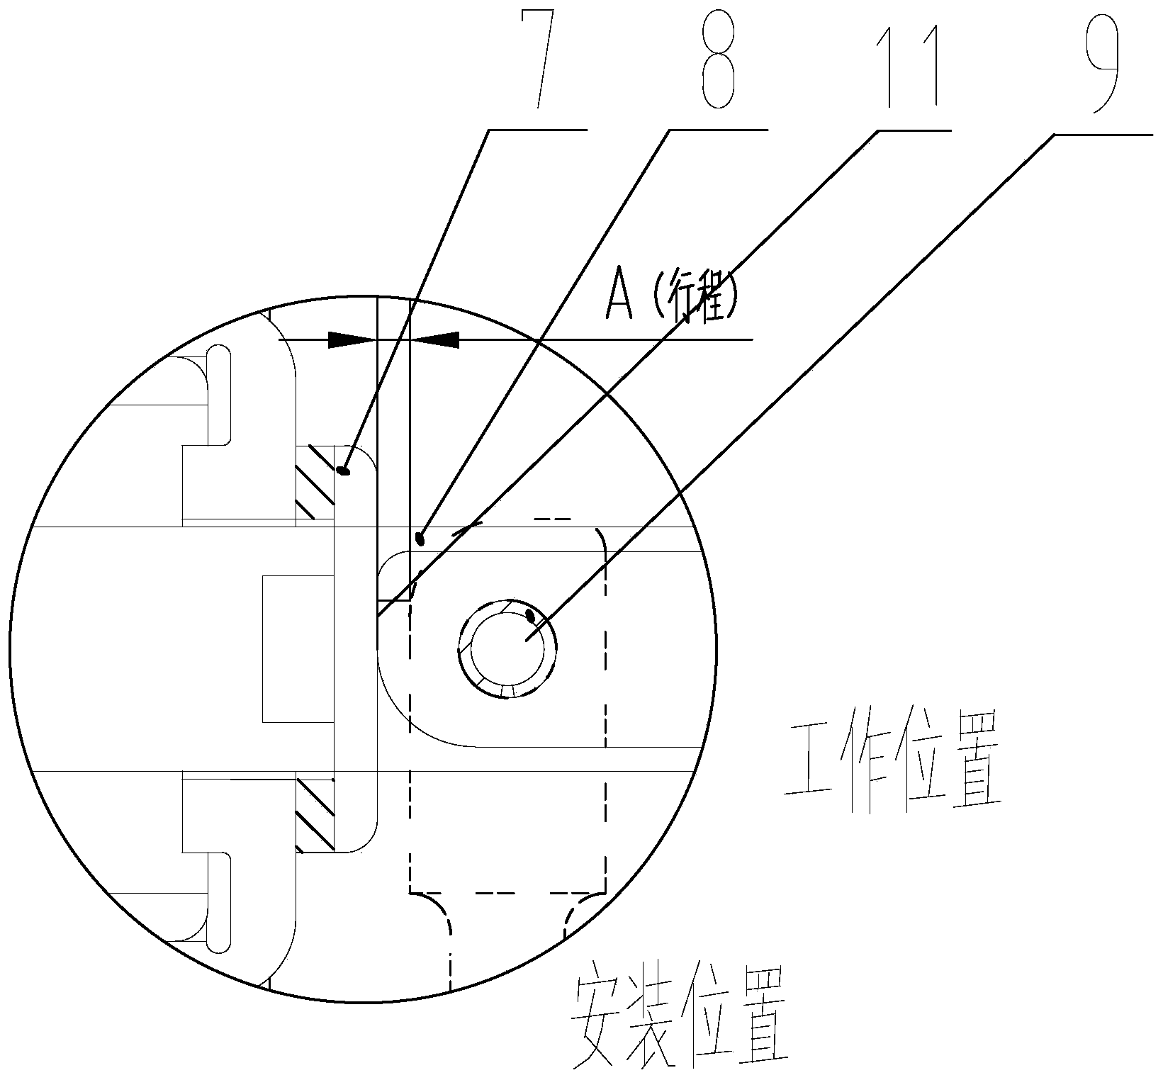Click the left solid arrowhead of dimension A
(x=352, y=340)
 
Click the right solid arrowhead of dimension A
(x=435, y=340)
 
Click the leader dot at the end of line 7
(x=345, y=469)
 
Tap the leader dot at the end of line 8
(x=420, y=539)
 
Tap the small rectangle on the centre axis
(x=298, y=648)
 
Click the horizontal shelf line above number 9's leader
(x=1103, y=133)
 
